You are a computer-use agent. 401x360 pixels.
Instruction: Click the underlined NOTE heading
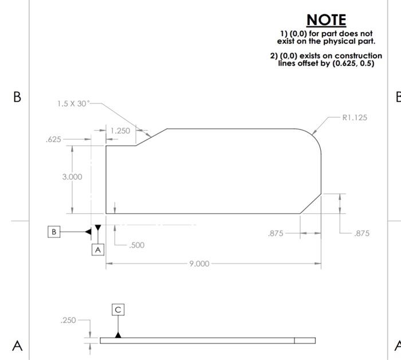(327, 20)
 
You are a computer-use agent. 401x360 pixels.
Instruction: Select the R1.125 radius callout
(354, 118)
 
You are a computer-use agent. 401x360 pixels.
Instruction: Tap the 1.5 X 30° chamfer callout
(73, 104)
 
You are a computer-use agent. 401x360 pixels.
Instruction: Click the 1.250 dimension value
(120, 131)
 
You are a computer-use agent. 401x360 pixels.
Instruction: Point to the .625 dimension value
(53, 139)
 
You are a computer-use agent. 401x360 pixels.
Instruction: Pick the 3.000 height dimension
(72, 177)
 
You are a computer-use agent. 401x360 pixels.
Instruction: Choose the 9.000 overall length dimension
(199, 264)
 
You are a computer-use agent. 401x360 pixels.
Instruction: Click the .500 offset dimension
(136, 245)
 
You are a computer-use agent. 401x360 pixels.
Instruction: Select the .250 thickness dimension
(68, 320)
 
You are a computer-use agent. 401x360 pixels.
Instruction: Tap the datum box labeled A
(98, 250)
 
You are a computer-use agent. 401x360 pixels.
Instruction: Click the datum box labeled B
(54, 232)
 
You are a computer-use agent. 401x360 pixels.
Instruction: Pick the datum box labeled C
(118, 310)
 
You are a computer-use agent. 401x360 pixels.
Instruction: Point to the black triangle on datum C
(118, 334)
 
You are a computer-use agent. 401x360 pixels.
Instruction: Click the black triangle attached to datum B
(88, 232)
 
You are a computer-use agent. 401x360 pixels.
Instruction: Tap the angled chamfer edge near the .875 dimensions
(310, 204)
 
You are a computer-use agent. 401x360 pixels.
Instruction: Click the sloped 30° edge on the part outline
(151, 137)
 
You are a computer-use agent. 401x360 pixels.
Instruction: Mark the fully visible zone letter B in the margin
(17, 97)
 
